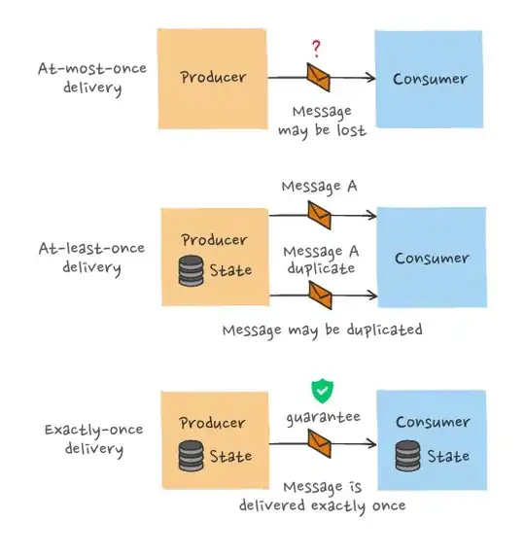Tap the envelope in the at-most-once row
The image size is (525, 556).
(x=317, y=76)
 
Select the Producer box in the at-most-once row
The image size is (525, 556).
(x=214, y=78)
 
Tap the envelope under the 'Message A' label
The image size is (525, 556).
(x=317, y=214)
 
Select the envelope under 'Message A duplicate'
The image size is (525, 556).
(x=317, y=291)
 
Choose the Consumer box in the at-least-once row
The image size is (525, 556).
(x=431, y=259)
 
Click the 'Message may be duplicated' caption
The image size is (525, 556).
(x=322, y=330)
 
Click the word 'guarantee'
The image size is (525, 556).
(x=323, y=417)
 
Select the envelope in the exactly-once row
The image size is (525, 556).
(x=317, y=442)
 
